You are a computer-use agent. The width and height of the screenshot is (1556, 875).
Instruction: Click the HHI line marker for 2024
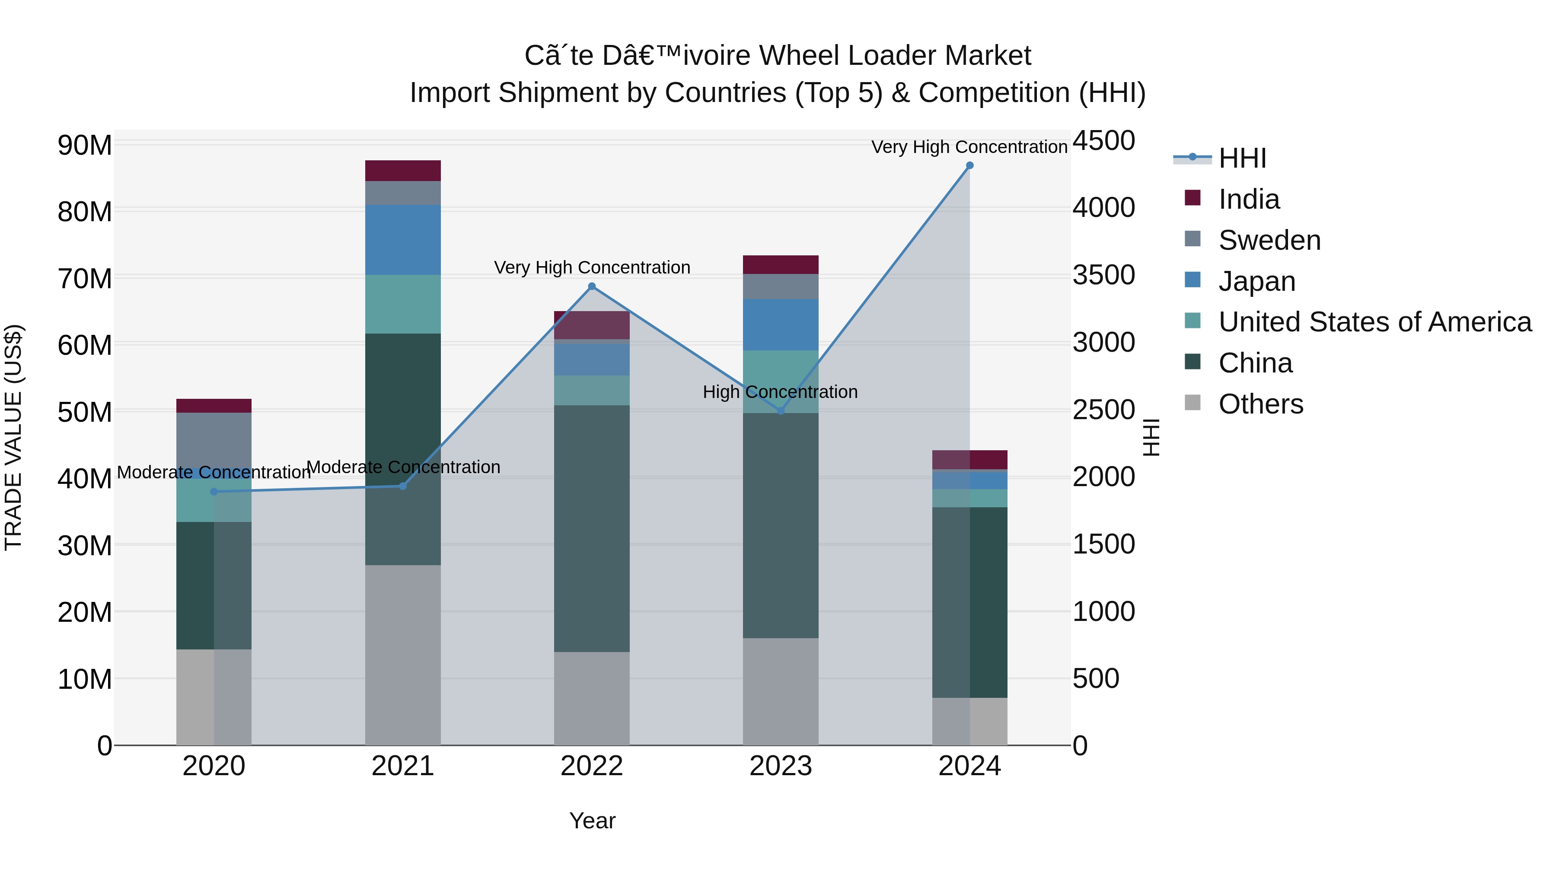pyautogui.click(x=969, y=165)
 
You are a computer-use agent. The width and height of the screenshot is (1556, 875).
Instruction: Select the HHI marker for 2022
pyautogui.click(x=592, y=286)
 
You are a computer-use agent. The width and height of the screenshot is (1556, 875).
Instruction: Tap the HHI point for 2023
pyautogui.click(x=781, y=410)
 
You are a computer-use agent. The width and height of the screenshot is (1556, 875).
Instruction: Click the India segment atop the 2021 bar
pyautogui.click(x=403, y=170)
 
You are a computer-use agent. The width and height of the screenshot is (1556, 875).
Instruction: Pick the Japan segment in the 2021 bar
pyautogui.click(x=403, y=240)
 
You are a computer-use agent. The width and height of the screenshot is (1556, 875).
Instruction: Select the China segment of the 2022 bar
pyautogui.click(x=592, y=528)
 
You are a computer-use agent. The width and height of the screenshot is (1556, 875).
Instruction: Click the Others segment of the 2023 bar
pyautogui.click(x=781, y=691)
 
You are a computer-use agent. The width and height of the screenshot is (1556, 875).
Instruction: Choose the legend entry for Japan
pyautogui.click(x=1256, y=281)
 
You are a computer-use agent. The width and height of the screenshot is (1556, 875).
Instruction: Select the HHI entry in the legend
pyautogui.click(x=1241, y=158)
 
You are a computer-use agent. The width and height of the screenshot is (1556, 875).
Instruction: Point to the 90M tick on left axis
pyautogui.click(x=85, y=146)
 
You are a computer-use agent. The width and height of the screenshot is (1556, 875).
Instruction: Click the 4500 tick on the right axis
pyautogui.click(x=1103, y=141)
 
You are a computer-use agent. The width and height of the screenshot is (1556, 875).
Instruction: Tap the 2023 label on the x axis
pyautogui.click(x=781, y=766)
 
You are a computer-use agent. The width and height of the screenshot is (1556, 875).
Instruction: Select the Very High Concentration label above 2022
pyautogui.click(x=592, y=267)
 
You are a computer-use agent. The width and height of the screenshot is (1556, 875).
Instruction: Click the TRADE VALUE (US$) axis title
pyautogui.click(x=14, y=437)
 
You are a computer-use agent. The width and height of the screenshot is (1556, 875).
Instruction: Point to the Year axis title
pyautogui.click(x=592, y=821)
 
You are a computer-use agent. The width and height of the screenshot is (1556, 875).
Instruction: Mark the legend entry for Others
pyautogui.click(x=1261, y=404)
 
